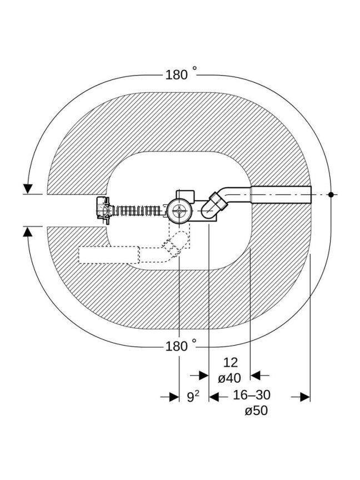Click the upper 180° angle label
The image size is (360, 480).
click(181, 74)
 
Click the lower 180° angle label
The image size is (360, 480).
click(181, 346)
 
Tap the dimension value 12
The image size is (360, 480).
click(230, 362)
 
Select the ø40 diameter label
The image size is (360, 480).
click(229, 378)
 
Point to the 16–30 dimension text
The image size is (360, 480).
click(252, 395)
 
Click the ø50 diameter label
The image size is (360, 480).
click(256, 411)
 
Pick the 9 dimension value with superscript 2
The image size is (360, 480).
click(193, 397)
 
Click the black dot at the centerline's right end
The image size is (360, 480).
click(331, 194)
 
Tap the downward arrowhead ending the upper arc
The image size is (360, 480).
click(28, 188)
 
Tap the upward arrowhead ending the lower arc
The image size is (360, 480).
click(28, 232)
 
